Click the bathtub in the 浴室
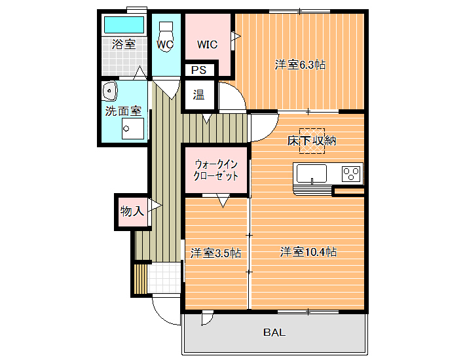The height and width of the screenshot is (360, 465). pos(124,25)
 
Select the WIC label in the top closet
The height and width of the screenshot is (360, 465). pos(208,45)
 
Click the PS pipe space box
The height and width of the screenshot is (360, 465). pos(198,70)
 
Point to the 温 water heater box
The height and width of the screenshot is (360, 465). pos(198,94)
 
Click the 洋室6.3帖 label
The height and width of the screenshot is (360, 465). pos(300,65)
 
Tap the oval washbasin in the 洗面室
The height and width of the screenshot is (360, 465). pos(109,91)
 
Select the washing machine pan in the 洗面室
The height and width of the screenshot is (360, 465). pos(133,128)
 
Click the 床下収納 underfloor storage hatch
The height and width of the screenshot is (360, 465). pos(312,141)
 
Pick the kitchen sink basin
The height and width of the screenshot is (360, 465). pos(312,173)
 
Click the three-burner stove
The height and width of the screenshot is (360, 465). pos(351,173)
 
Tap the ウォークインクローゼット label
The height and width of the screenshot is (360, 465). pos(216,170)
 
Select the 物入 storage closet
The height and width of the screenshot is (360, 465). pos(132,211)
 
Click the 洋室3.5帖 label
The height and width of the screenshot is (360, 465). pos(215,253)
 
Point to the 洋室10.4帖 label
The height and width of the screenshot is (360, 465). pos(308,252)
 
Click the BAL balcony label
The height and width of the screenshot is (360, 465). pos(274,333)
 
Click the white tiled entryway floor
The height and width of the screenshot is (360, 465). pos(164,278)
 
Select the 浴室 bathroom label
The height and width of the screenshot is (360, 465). pos(124,44)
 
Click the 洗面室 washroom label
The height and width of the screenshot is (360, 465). pos(123,111)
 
